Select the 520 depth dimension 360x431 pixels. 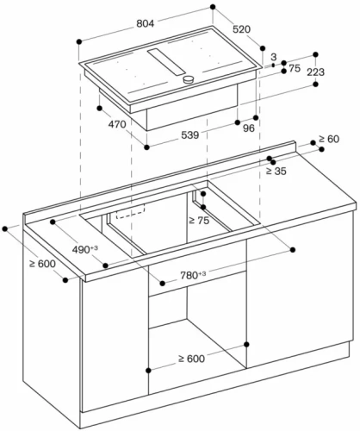pos(241,29)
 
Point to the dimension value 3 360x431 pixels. pos(273,58)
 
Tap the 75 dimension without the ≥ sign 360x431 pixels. pos(295,69)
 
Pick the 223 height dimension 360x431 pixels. pos(315,72)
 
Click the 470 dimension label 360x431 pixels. pos(118,125)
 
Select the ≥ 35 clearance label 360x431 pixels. pos(276,172)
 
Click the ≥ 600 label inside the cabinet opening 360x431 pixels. pos(192,358)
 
